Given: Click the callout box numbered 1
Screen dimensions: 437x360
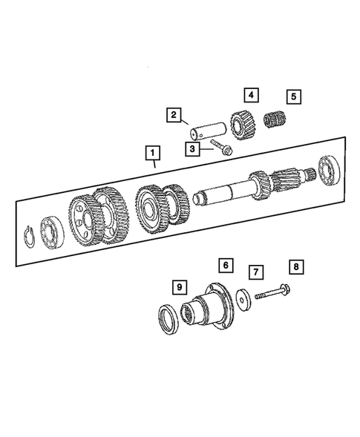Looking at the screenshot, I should pyautogui.click(x=153, y=154).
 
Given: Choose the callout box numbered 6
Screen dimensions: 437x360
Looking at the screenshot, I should pyautogui.click(x=224, y=263).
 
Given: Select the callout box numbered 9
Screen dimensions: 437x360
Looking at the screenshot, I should pyautogui.click(x=178, y=286).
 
